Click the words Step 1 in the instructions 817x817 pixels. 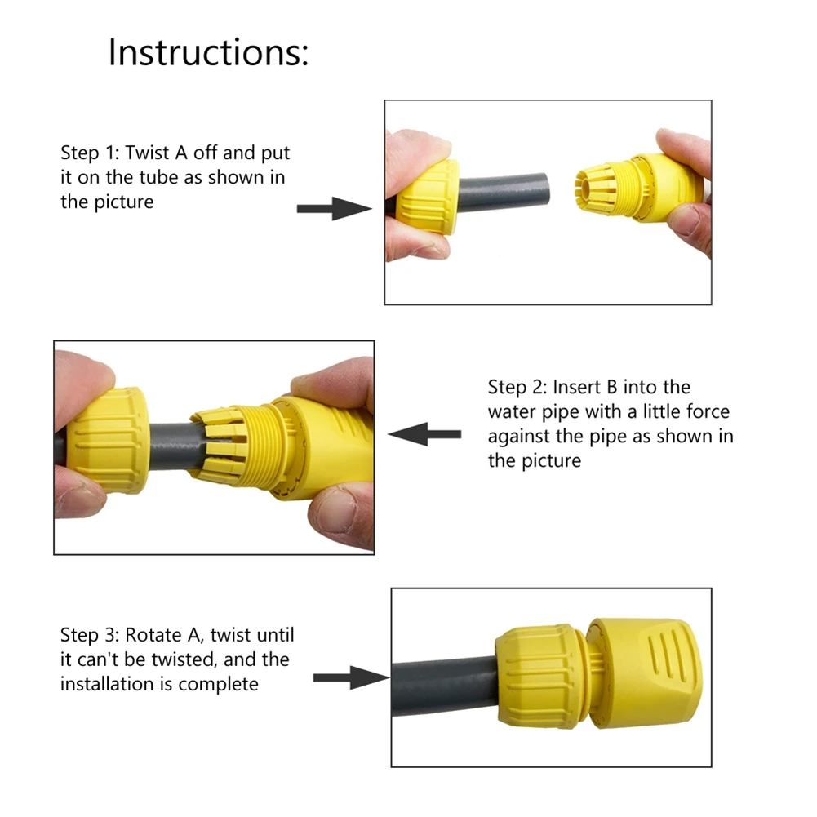[91, 153]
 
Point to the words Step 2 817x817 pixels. [518, 387]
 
